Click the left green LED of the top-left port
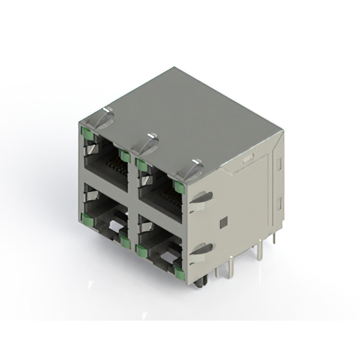point(87,133)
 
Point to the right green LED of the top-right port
point(179,187)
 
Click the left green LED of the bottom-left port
point(87,219)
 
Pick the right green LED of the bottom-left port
point(124,242)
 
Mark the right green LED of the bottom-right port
point(179,273)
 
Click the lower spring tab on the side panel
point(201,249)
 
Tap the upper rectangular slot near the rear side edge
point(278,164)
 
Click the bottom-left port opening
point(107,217)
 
